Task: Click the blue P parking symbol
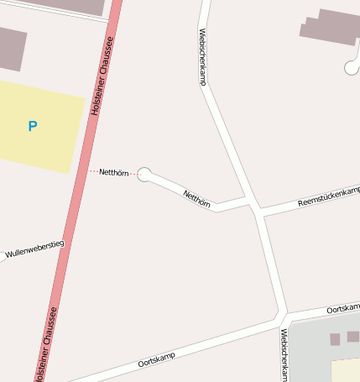coord(33,127)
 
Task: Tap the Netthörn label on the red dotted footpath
coord(112,173)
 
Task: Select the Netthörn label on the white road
coord(196,199)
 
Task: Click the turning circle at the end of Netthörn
coord(144,174)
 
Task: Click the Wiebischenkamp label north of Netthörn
coord(202,57)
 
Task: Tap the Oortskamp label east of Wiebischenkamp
coord(342,309)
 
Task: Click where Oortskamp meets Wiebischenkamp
coord(284,317)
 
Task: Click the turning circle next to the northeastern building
coord(352,68)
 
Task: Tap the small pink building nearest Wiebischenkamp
coord(335,339)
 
